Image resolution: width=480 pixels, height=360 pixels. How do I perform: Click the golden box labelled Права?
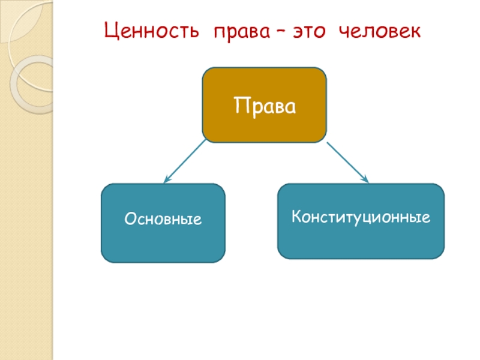(x=265, y=105)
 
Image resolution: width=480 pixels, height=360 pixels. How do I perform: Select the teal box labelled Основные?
(x=163, y=223)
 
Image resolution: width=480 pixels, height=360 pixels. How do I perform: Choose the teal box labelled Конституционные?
(x=361, y=221)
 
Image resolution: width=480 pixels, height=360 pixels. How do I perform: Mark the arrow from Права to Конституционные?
(x=347, y=161)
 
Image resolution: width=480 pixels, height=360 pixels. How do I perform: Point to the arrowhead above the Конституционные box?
(x=365, y=178)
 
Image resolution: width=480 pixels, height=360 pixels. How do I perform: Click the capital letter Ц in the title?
(x=110, y=31)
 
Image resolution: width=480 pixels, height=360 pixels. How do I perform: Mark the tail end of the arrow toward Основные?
(x=205, y=142)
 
